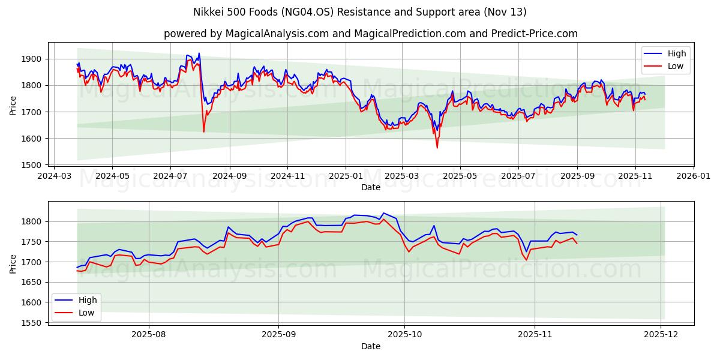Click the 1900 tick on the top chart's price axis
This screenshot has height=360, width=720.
[34, 59]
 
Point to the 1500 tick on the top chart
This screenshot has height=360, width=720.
[34, 165]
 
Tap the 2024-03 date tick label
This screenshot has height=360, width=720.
[55, 176]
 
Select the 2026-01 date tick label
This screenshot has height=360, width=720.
[694, 176]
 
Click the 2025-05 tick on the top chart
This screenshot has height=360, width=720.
[460, 176]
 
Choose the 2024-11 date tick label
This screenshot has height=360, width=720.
[287, 176]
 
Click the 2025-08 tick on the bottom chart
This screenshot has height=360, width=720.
[148, 335]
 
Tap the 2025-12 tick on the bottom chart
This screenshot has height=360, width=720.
[661, 335]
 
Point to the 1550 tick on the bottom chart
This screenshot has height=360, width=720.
[34, 323]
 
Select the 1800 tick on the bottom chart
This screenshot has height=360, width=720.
[34, 222]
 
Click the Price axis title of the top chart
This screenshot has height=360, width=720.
[13, 106]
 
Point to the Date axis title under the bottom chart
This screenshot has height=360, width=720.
[370, 346]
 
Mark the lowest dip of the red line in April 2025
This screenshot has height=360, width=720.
[437, 148]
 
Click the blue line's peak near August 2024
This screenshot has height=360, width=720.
[199, 53]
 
